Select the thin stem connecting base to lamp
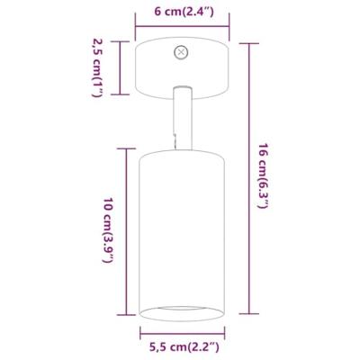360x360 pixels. (x=181, y=116)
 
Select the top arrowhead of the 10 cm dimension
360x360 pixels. (x=122, y=146)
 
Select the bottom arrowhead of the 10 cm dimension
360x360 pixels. (x=122, y=319)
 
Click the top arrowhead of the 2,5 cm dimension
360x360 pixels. (x=122, y=41)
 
